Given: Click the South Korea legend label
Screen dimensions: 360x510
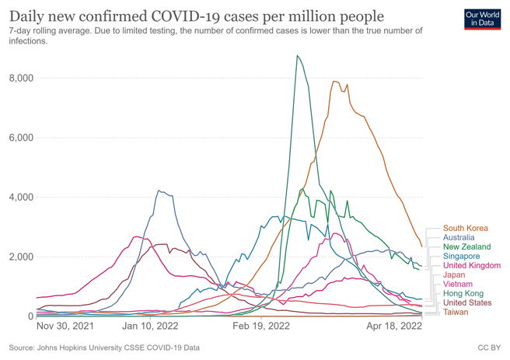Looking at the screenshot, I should [x=465, y=228].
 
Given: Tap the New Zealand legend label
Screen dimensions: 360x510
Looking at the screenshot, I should [x=467, y=246].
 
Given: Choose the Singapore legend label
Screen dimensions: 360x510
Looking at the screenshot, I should [x=462, y=256].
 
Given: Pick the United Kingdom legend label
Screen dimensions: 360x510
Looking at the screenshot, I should [x=471, y=265].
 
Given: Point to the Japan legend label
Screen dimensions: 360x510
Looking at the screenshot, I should [x=455, y=274].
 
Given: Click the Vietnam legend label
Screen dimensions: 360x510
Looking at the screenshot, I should [x=459, y=284].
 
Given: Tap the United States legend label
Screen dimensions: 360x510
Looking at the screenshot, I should [x=467, y=302].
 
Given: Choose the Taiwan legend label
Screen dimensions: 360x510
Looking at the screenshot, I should [x=456, y=312].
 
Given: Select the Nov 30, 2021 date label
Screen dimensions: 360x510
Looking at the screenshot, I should [x=65, y=328].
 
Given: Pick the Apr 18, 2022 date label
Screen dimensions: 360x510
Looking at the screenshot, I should [x=394, y=328].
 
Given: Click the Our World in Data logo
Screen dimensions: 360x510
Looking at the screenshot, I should [x=482, y=19].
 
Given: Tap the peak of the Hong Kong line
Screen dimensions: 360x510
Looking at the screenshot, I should [x=296, y=55].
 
